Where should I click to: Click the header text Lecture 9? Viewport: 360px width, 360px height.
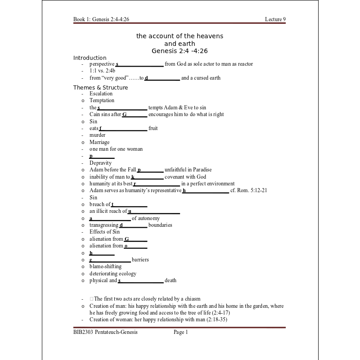pyautogui.click(x=275, y=19)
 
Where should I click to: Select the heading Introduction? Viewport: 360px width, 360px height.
pyautogui.click(x=90, y=58)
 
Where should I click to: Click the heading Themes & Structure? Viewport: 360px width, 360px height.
pyautogui.click(x=100, y=87)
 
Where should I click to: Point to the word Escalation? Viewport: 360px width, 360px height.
pyautogui.click(x=101, y=94)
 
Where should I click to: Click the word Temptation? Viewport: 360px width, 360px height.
pyautogui.click(x=102, y=100)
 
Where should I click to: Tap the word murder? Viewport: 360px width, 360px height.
pyautogui.click(x=97, y=135)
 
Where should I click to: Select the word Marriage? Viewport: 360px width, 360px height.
pyautogui.click(x=99, y=142)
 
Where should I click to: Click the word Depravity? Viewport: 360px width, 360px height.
pyautogui.click(x=100, y=163)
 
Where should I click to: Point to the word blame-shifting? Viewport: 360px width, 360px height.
pyautogui.click(x=105, y=266)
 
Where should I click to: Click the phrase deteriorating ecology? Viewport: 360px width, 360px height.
pyautogui.click(x=112, y=274)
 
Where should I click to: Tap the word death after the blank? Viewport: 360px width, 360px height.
pyautogui.click(x=171, y=280)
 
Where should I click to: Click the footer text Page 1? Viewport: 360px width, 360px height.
pyautogui.click(x=180, y=332)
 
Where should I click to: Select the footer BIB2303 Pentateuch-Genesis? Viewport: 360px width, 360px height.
pyautogui.click(x=105, y=332)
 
